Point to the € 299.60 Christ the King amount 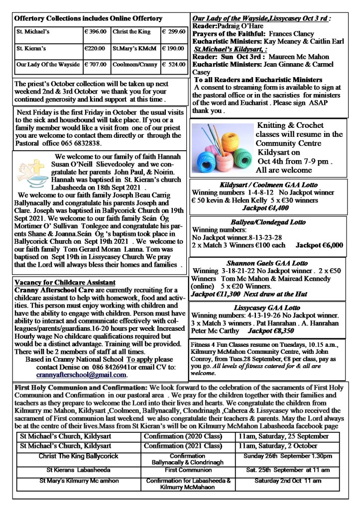click(173, 31)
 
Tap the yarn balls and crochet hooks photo click(223, 147)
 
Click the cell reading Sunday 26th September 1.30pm click(288, 456)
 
